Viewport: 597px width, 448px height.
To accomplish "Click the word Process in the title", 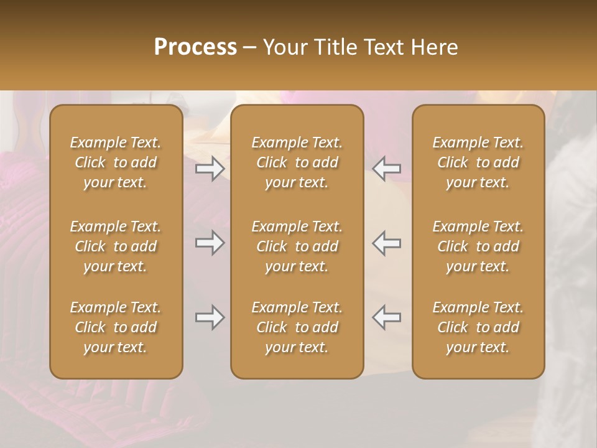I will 195,47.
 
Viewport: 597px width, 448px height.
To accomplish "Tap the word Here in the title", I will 435,47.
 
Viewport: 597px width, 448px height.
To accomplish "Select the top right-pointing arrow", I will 210,169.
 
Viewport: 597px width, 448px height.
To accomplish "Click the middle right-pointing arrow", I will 210,243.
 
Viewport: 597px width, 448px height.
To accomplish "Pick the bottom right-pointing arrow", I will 210,317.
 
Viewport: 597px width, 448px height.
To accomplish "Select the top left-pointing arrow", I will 386,169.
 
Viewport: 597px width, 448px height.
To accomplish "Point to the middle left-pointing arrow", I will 386,243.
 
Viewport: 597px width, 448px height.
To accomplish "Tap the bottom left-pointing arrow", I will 386,317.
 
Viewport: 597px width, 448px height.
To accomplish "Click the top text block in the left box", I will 116,162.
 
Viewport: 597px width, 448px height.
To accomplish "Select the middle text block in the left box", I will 116,246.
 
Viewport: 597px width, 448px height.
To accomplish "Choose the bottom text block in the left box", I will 116,327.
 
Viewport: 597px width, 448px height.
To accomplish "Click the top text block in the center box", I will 297,162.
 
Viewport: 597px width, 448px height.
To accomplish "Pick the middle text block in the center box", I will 297,246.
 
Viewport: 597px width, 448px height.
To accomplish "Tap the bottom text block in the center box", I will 297,327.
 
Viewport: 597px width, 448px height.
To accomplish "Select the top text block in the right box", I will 478,162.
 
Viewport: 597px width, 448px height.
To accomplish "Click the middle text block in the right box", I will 478,246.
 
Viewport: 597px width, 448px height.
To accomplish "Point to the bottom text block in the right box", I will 478,327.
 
